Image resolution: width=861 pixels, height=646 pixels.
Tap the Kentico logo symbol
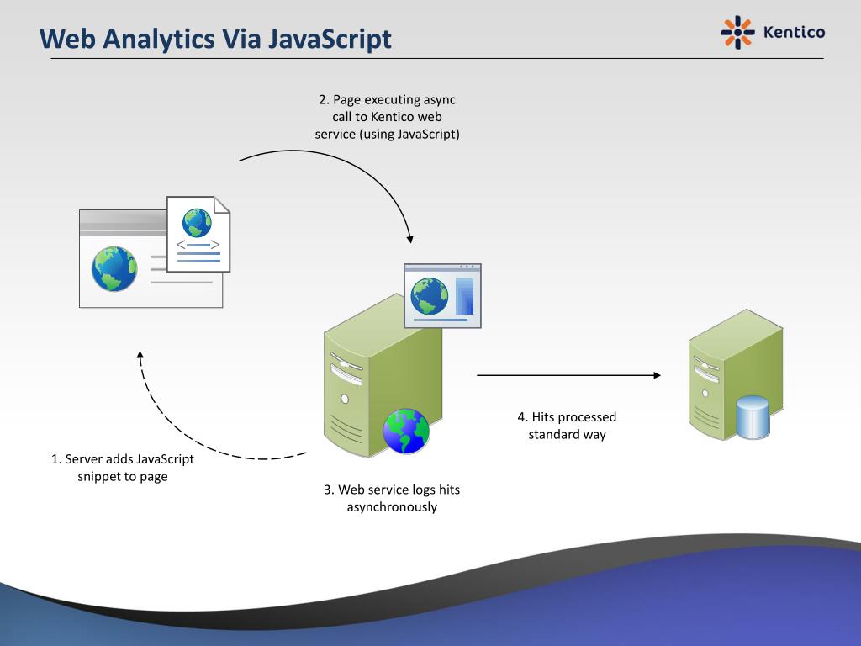[x=737, y=33]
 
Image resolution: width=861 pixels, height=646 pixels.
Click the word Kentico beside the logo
[x=794, y=33]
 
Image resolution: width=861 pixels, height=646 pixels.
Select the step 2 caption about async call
[x=387, y=116]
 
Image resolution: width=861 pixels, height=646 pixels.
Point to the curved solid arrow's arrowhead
[x=409, y=239]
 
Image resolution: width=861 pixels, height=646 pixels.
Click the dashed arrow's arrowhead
[x=140, y=355]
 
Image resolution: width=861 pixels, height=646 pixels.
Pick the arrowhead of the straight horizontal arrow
[x=657, y=375]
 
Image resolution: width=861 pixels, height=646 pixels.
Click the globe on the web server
[x=406, y=431]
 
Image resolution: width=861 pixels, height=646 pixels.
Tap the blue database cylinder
[x=753, y=417]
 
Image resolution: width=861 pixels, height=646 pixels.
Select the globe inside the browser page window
[x=114, y=268]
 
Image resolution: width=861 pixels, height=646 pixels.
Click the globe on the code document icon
[x=197, y=222]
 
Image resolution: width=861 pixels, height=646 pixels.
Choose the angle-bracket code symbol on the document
[x=198, y=245]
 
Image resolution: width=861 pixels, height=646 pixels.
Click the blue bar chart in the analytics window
[x=464, y=296]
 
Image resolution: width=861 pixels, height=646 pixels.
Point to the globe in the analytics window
[x=430, y=296]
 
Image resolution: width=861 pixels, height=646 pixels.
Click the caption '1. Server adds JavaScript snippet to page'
[x=123, y=468]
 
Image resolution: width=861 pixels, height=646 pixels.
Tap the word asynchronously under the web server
[x=392, y=507]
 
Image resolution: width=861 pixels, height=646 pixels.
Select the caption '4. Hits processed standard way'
[x=567, y=426]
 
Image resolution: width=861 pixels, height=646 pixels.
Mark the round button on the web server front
[x=345, y=400]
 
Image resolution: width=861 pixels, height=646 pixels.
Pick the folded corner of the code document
[x=222, y=204]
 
